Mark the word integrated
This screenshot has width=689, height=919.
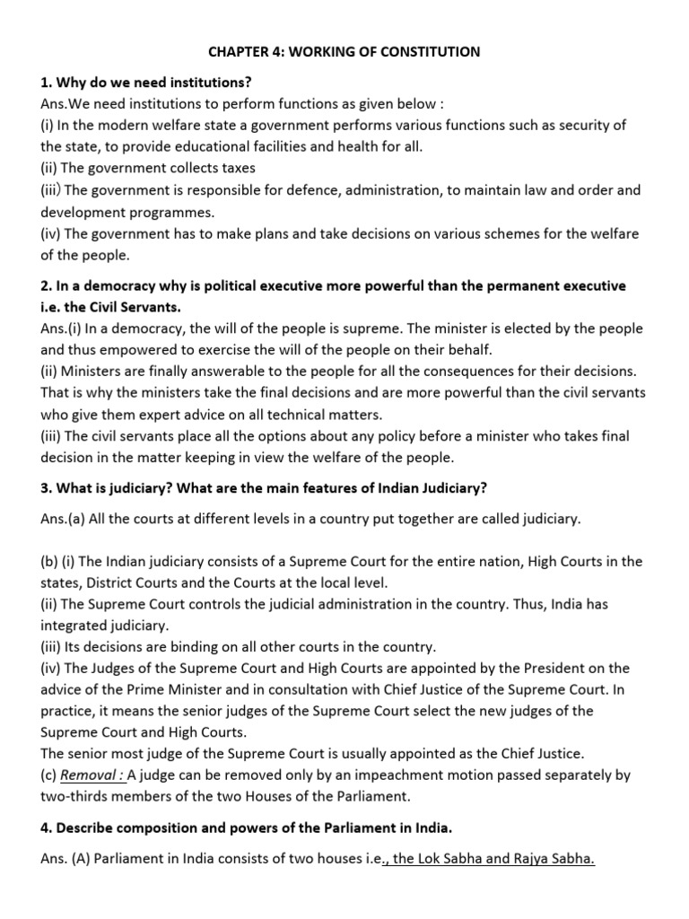click(x=77, y=626)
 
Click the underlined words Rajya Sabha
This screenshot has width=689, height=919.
click(x=554, y=859)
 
